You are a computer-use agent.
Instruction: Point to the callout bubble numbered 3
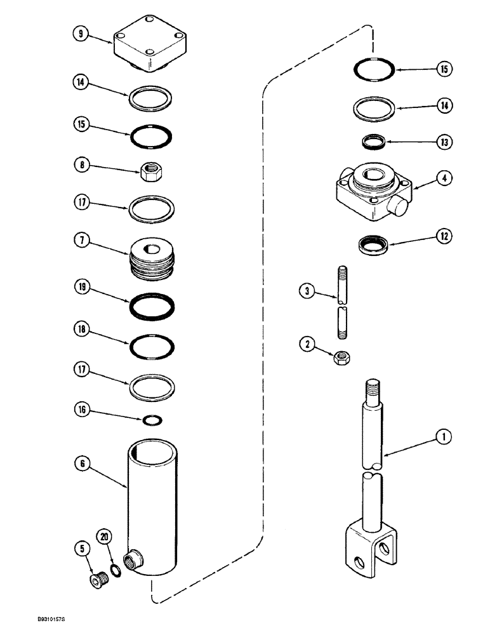(x=308, y=291)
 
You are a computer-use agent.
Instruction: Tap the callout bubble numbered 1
(x=444, y=436)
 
